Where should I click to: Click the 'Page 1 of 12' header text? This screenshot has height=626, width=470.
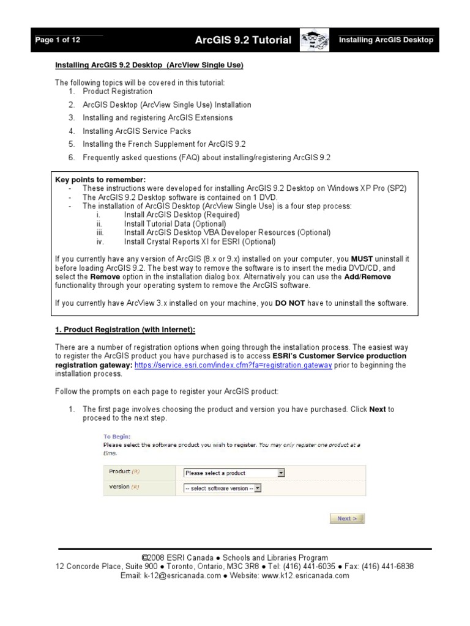point(58,40)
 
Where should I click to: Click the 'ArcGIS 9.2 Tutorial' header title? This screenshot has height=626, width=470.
point(243,40)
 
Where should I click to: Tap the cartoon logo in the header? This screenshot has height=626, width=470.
point(315,40)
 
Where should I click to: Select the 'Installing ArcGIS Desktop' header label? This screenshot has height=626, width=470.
point(386,40)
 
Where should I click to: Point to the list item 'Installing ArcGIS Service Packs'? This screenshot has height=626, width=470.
point(136,131)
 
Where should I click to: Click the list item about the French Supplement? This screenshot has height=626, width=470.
point(164,144)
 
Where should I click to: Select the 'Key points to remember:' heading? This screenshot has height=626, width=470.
point(100,180)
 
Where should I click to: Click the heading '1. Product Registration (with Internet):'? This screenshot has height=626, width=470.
point(125,330)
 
